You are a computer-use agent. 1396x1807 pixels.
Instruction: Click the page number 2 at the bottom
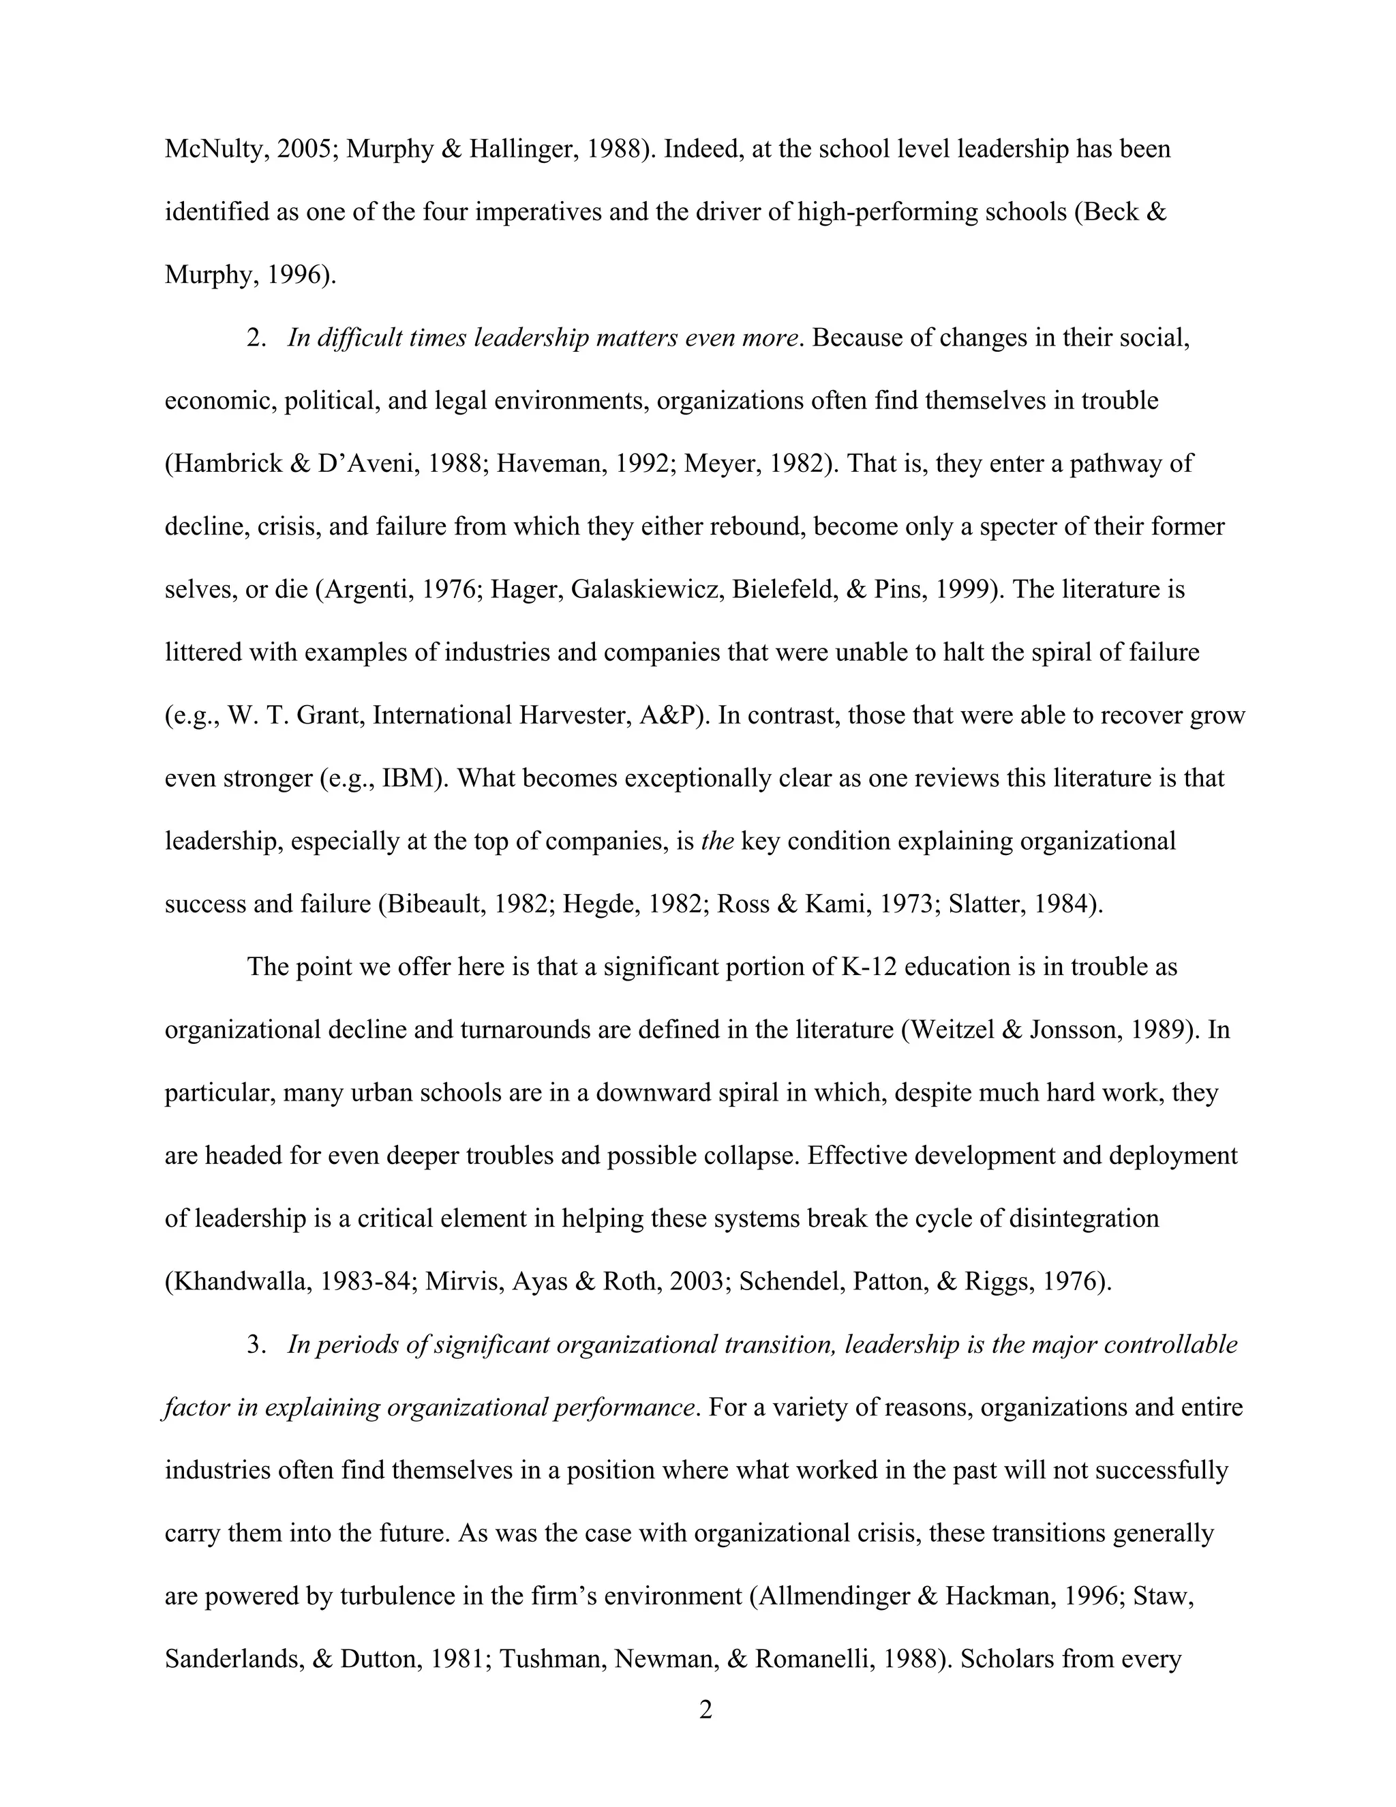[705, 1709]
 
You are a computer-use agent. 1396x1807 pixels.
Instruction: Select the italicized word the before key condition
[717, 841]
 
